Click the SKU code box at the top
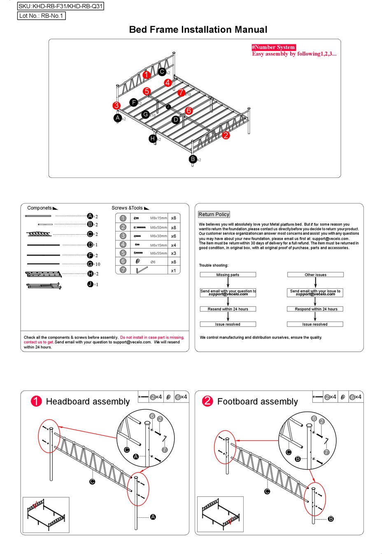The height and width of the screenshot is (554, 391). coord(61,6)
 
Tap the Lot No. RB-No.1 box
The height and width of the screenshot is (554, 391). coord(41,16)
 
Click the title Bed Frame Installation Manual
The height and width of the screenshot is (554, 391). coord(198,30)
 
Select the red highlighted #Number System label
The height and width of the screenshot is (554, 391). coord(274,47)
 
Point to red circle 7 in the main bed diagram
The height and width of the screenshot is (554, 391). coord(181,93)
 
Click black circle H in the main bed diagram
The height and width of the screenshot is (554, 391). coord(153,139)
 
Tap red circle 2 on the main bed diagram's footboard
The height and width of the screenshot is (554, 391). coord(226,136)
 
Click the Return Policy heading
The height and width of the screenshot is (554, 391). coord(214,215)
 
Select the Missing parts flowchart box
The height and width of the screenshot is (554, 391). coord(228,275)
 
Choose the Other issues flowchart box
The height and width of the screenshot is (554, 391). coord(315,275)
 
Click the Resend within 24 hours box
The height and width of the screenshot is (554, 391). coord(228,309)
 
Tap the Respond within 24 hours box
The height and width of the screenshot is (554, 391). coord(316,309)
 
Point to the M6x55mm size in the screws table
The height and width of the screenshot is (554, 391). coord(158,253)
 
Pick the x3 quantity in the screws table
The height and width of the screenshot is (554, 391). coord(173,253)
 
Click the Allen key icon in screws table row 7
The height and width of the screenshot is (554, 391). coord(141,270)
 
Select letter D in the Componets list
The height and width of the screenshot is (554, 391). coord(90,245)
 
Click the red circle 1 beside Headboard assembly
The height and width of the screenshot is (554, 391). coord(36,401)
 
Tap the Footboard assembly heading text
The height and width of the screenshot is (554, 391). coord(257,402)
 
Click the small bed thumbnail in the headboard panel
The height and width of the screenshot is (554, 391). coord(46,514)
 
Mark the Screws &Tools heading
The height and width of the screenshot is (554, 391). coord(127,208)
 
